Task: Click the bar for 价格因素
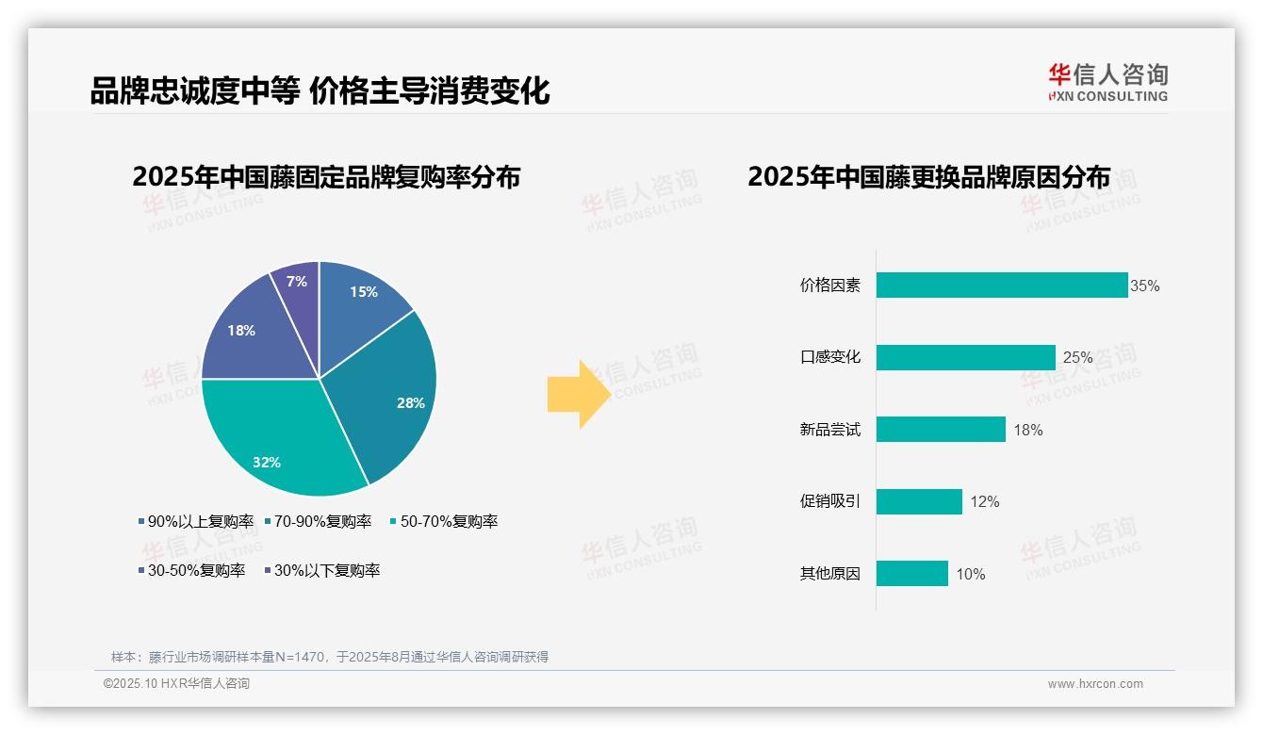(x=1001, y=286)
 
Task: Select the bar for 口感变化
(x=965, y=357)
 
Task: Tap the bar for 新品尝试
(x=941, y=430)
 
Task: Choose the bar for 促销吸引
(x=919, y=501)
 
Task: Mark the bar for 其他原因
(x=911, y=574)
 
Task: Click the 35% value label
(x=1145, y=286)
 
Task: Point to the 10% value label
(x=971, y=574)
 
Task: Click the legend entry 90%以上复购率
(x=196, y=521)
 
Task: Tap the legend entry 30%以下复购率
(x=321, y=570)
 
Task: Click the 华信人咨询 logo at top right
(x=1107, y=82)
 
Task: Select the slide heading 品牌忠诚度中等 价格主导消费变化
(x=320, y=91)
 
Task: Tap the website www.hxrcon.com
(x=1095, y=683)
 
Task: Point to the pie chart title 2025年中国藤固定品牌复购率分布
(x=326, y=177)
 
